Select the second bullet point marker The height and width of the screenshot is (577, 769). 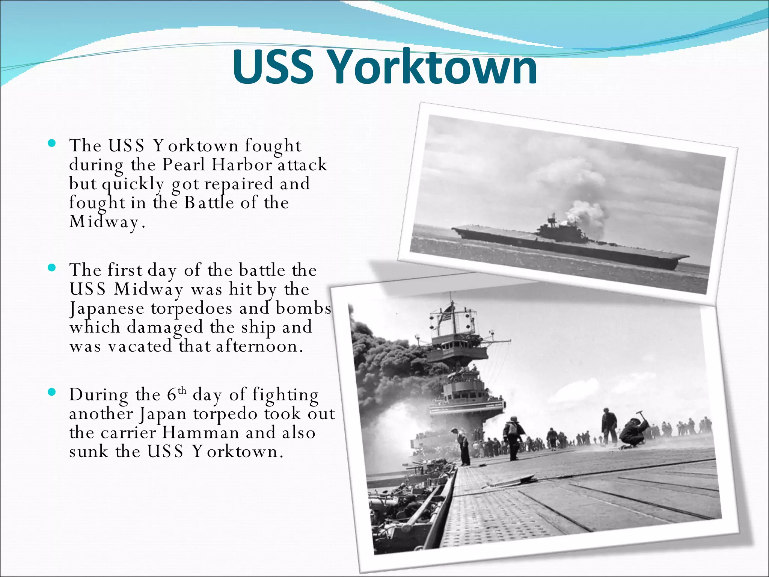click(52, 268)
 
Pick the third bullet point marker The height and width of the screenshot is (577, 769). click(52, 393)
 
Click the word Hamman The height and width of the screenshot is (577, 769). click(201, 433)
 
